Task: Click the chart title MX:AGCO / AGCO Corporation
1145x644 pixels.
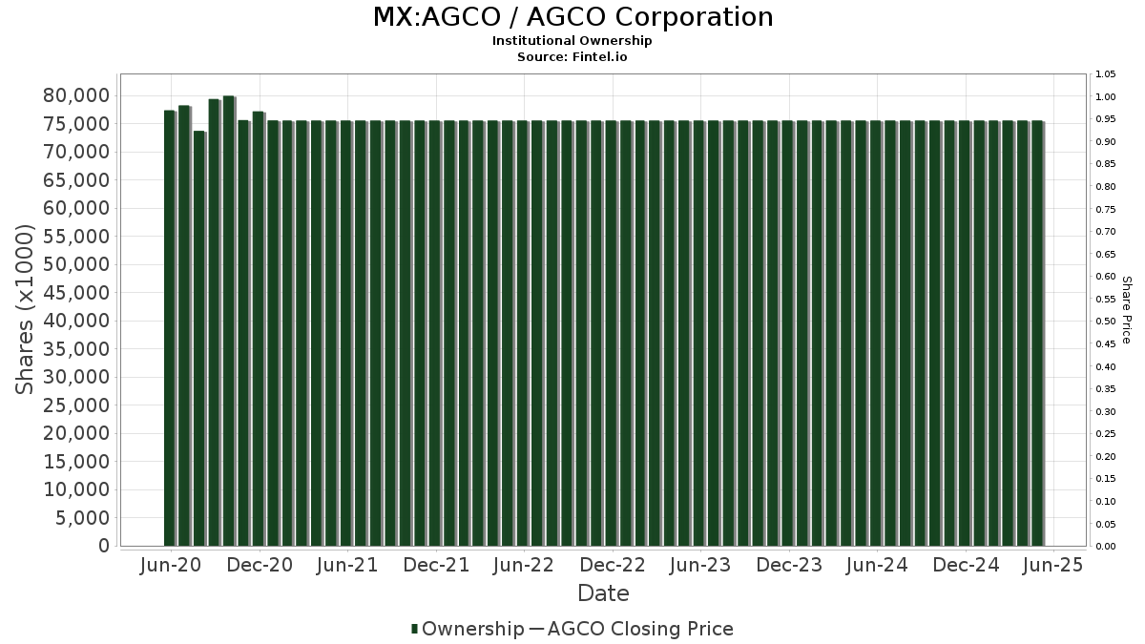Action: [572, 17]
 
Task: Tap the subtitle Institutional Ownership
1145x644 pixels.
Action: [572, 41]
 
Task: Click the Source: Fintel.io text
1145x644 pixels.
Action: [572, 57]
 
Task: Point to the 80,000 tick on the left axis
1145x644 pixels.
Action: [76, 95]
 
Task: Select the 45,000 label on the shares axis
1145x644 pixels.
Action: [76, 293]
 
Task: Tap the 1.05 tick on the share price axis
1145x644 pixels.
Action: [1106, 74]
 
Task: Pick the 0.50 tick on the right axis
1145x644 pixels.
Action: [1106, 322]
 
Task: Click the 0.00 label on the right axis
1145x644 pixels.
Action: [1106, 547]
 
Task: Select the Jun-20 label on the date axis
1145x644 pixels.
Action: [170, 566]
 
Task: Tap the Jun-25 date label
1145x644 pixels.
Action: [1051, 566]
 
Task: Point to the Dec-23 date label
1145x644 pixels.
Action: [789, 566]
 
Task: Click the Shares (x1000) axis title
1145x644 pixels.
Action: [26, 310]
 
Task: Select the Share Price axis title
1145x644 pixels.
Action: [1126, 310]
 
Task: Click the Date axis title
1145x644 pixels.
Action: [603, 593]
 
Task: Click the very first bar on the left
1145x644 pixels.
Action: [170, 329]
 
